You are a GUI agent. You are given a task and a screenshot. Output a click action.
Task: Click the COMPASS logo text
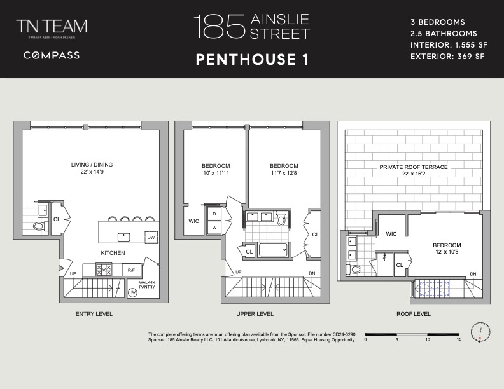pos(52,55)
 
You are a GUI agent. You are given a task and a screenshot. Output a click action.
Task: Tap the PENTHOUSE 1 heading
pos(252,60)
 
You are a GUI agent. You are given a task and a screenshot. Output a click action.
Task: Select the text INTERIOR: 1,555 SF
pos(447,45)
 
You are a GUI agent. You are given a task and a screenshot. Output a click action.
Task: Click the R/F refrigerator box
pos(130,270)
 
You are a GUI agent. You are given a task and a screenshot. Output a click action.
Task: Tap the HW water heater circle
pos(133,292)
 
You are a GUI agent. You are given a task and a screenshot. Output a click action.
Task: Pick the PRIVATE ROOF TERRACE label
pos(413,167)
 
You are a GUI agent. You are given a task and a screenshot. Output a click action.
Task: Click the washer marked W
pos(214,227)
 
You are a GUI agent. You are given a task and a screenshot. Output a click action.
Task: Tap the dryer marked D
pos(214,214)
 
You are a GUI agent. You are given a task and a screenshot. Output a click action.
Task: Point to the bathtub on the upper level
pos(274,249)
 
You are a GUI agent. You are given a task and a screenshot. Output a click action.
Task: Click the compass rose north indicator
pos(480,331)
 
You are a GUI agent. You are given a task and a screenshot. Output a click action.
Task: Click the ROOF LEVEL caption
pos(413,314)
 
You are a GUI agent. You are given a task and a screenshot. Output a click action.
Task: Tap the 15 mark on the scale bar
pos(458,339)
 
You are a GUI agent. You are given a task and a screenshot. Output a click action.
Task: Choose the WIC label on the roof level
pos(391,234)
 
